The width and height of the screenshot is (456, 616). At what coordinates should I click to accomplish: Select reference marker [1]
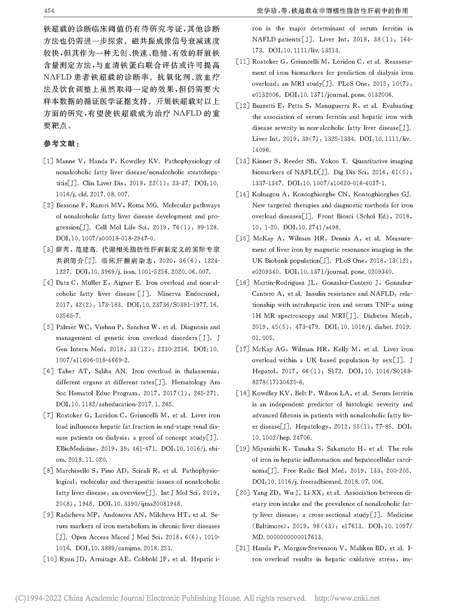click(48, 161)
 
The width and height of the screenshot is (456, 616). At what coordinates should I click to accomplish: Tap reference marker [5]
click(48, 327)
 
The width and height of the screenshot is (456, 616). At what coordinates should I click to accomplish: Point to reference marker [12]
click(243, 106)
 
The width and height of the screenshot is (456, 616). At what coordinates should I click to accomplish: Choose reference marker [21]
click(243, 548)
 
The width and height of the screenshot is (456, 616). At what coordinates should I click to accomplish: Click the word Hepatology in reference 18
click(312, 426)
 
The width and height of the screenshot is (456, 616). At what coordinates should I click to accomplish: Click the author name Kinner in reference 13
click(263, 161)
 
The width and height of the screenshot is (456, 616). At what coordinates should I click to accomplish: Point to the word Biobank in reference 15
click(278, 261)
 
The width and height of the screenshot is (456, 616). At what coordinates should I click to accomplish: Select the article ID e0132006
click(268, 95)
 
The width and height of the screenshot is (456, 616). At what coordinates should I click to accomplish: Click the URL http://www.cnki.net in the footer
click(347, 598)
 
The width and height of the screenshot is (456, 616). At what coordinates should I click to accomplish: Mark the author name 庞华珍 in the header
click(268, 10)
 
